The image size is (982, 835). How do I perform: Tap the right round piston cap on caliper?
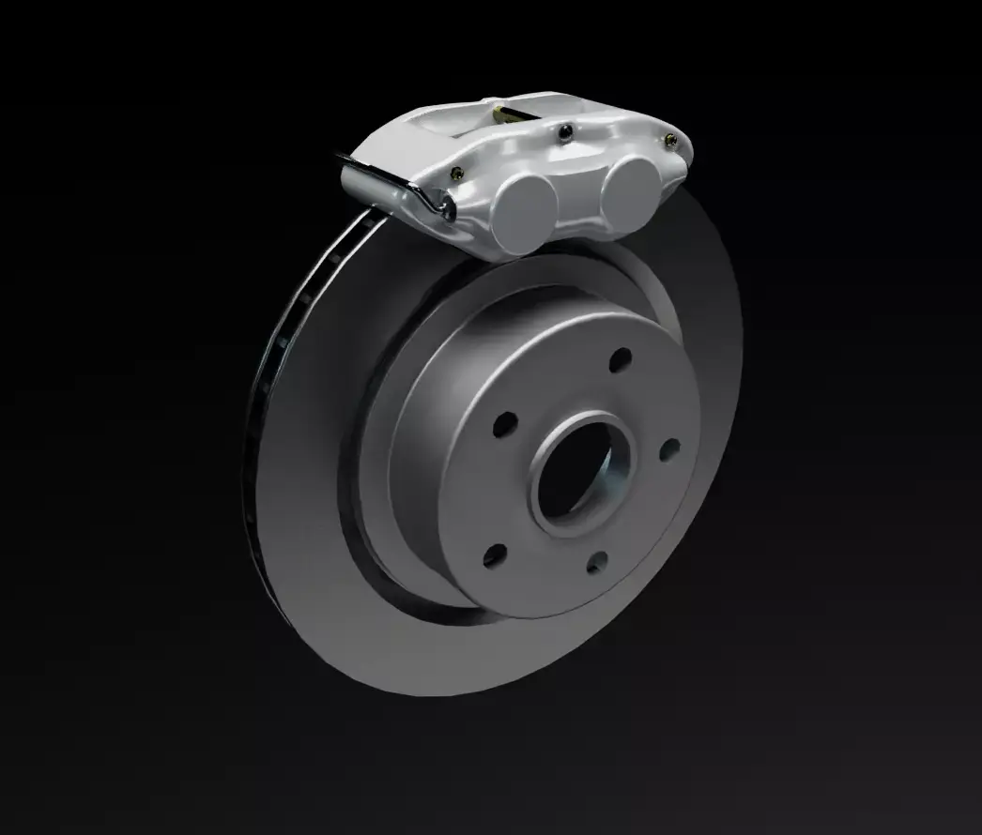[628, 188]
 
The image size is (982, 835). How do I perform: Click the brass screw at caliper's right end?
[669, 142]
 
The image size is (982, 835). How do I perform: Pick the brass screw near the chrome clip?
[457, 173]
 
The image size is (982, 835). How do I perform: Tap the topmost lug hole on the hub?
[621, 360]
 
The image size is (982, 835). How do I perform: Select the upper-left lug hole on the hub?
[506, 423]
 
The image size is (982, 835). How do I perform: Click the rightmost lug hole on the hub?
[668, 451]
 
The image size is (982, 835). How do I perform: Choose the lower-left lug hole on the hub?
[494, 554]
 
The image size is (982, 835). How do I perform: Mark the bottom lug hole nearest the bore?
[595, 562]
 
